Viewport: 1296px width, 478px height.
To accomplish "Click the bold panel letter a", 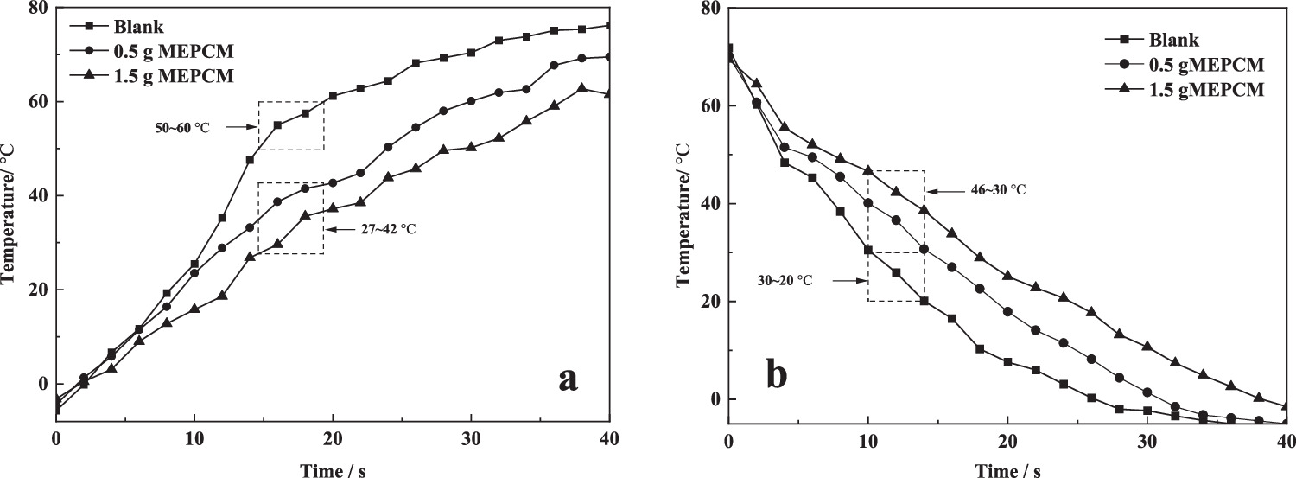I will tap(567, 378).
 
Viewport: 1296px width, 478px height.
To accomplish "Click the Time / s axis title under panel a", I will tap(332, 470).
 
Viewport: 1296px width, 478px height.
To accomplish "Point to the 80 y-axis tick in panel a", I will tap(38, 9).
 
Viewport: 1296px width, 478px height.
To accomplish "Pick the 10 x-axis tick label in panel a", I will tap(194, 439).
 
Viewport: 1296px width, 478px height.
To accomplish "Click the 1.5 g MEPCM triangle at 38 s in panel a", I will tap(581, 88).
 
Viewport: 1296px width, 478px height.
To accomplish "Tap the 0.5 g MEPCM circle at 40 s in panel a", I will tap(609, 57).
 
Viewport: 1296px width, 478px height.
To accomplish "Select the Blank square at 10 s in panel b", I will tap(868, 250).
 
